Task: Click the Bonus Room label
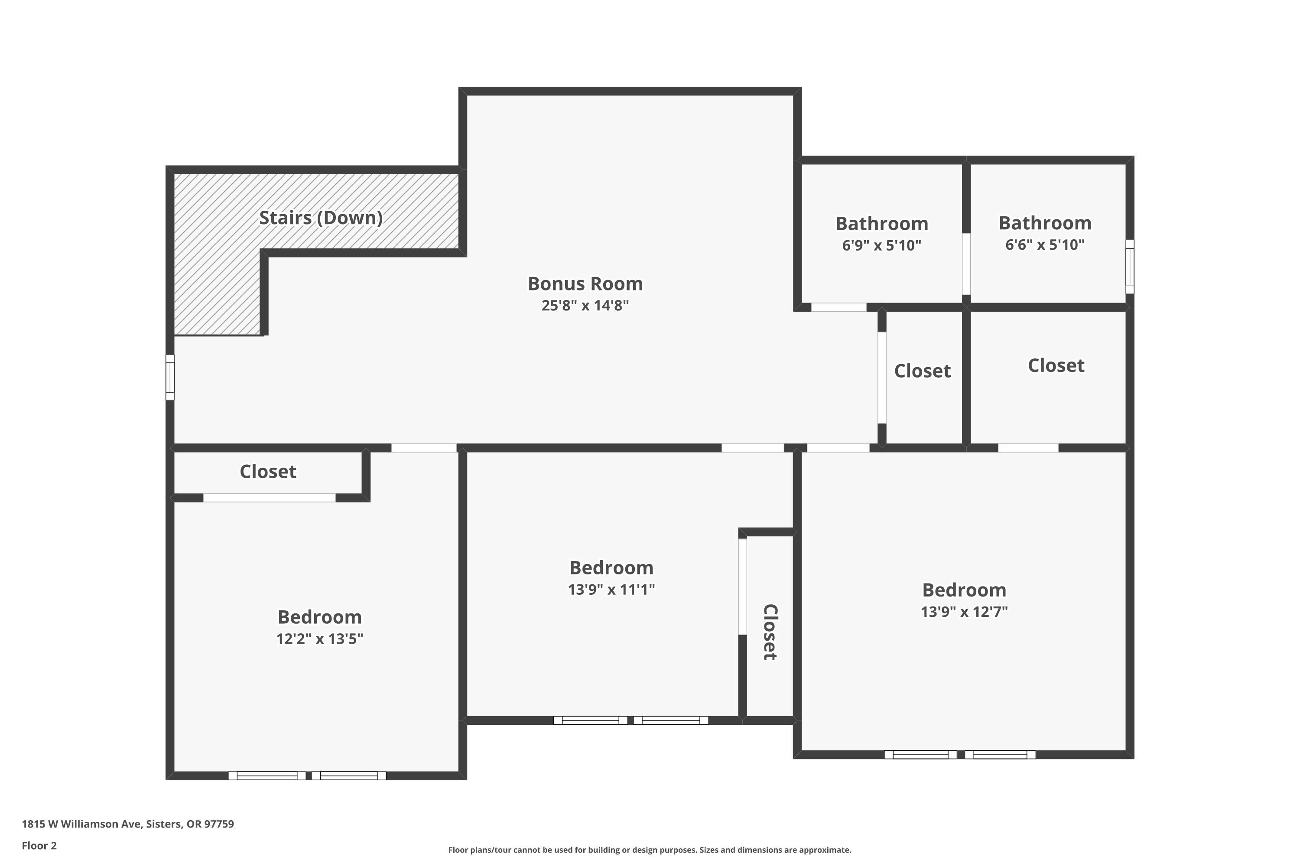tap(585, 284)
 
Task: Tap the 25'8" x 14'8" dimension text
tap(585, 305)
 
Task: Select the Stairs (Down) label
tap(321, 218)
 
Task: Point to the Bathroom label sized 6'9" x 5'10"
tap(881, 223)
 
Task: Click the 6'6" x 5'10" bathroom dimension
tap(1045, 244)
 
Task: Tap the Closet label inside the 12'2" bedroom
tap(268, 472)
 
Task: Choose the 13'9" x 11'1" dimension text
tap(611, 590)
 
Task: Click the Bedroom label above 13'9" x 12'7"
tap(964, 590)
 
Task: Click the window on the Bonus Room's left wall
tap(170, 377)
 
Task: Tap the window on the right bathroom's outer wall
tap(1130, 267)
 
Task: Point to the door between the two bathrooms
tap(966, 264)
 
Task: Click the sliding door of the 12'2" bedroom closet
tap(269, 498)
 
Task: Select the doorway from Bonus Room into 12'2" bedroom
tap(424, 448)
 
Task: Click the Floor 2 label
tap(39, 845)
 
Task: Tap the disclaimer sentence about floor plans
tap(650, 850)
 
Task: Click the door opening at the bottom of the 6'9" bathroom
tap(838, 307)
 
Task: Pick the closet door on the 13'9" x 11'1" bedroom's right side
tap(743, 587)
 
